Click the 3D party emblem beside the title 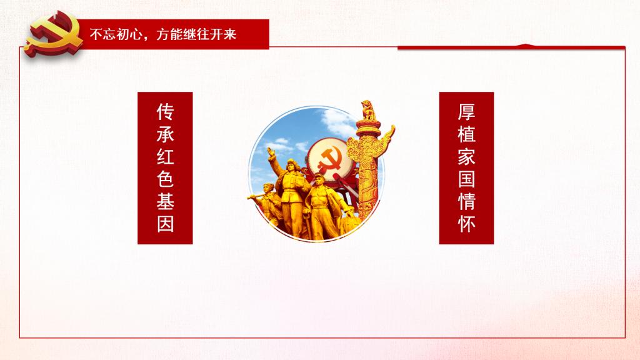click(54, 34)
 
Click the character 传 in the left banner click(165, 112)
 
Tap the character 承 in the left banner click(165, 134)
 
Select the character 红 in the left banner click(165, 157)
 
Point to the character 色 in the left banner click(165, 179)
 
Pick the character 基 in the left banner click(165, 201)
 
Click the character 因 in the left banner click(165, 224)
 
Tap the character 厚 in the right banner click(466, 112)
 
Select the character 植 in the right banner click(466, 134)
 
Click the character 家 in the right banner click(466, 157)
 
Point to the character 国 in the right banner click(466, 179)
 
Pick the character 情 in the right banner click(466, 201)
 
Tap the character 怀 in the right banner click(466, 224)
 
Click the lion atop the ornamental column click(367, 110)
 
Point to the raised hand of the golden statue click(271, 152)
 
